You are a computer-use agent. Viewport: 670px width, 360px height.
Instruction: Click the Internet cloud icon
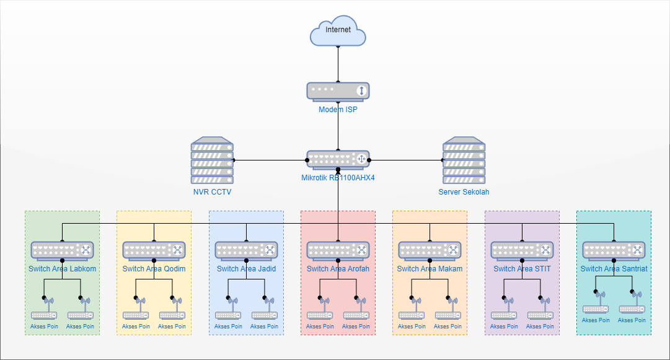[338, 32]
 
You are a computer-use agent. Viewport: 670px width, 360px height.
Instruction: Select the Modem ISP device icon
[338, 91]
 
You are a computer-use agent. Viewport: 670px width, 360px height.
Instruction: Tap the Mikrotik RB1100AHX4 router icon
[338, 160]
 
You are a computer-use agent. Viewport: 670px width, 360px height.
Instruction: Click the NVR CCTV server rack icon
[212, 161]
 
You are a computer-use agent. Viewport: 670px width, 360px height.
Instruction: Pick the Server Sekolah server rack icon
[464, 161]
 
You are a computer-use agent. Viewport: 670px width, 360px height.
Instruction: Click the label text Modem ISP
[338, 110]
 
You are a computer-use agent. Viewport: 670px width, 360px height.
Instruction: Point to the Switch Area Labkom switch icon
[62, 250]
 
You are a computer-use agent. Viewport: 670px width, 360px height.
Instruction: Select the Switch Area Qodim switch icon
[154, 250]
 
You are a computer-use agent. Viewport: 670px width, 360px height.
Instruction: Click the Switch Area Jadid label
[246, 269]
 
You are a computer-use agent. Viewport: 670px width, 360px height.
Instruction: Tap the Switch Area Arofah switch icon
[338, 250]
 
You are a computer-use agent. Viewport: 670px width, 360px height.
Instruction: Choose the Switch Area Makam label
[430, 269]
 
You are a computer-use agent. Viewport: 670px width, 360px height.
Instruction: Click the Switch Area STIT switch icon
[522, 250]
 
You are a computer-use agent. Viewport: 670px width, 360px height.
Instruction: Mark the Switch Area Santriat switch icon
[614, 250]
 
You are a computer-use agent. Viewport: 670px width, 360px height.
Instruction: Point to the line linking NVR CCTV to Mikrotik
[270, 160]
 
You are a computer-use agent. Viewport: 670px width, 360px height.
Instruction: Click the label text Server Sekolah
[464, 192]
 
